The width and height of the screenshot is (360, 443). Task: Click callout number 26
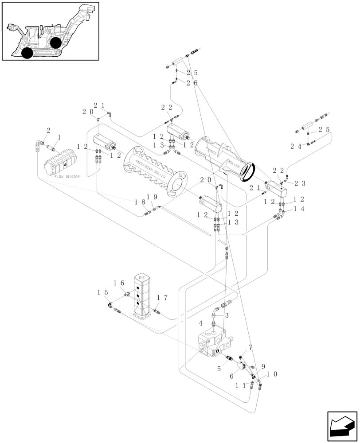(x=192, y=83)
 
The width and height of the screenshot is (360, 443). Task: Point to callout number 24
(x=296, y=146)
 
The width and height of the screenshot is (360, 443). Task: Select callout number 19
(x=151, y=197)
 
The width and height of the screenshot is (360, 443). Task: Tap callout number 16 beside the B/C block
(x=118, y=283)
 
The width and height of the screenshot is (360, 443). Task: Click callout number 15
(x=102, y=292)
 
